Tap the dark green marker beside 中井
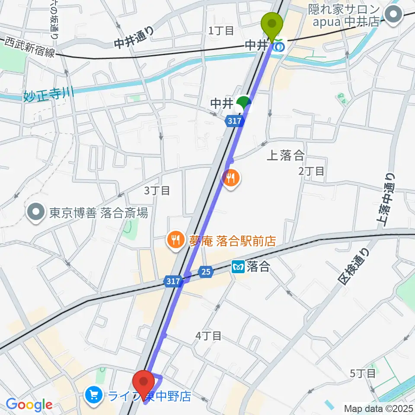coord(244,103)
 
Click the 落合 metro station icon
coord(238,267)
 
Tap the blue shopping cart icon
coord(93,395)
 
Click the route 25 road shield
coord(206,271)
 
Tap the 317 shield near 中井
coord(233,122)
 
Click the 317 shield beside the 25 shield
coord(172,281)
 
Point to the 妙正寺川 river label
coord(48,94)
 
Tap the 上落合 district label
coord(285,156)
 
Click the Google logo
coord(29,405)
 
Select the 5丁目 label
coord(363,373)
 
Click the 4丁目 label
coord(209,335)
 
